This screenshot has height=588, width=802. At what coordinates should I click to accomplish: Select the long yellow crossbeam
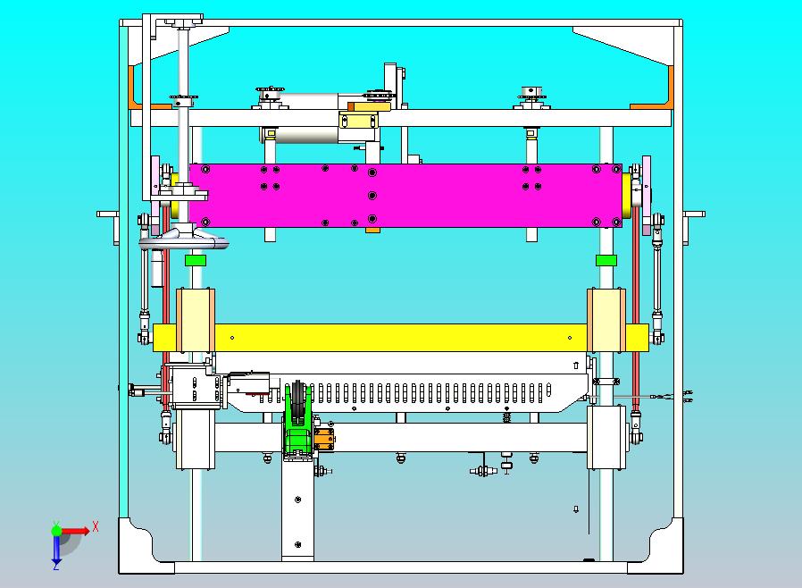[x=400, y=338]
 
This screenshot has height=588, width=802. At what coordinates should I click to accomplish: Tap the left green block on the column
[x=196, y=260]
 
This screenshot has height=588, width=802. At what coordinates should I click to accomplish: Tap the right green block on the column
[x=606, y=260]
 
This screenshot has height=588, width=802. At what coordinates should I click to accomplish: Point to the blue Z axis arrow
[x=56, y=549]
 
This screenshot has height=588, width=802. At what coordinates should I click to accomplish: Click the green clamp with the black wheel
[x=297, y=421]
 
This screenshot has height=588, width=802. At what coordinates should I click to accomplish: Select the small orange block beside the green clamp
[x=324, y=439]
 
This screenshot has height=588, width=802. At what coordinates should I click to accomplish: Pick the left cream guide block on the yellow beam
[x=196, y=320]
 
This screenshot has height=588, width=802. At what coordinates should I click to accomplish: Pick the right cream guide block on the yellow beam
[x=606, y=320]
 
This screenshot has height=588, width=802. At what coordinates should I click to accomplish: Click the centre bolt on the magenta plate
[x=372, y=196]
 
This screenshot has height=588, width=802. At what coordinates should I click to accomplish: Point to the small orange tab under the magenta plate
[x=372, y=231]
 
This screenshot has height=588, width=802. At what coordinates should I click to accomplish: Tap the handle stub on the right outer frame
[x=694, y=214]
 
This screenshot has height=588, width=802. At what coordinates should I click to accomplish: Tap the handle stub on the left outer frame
[x=108, y=214]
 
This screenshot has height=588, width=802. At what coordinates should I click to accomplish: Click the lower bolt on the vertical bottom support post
[x=297, y=544]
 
